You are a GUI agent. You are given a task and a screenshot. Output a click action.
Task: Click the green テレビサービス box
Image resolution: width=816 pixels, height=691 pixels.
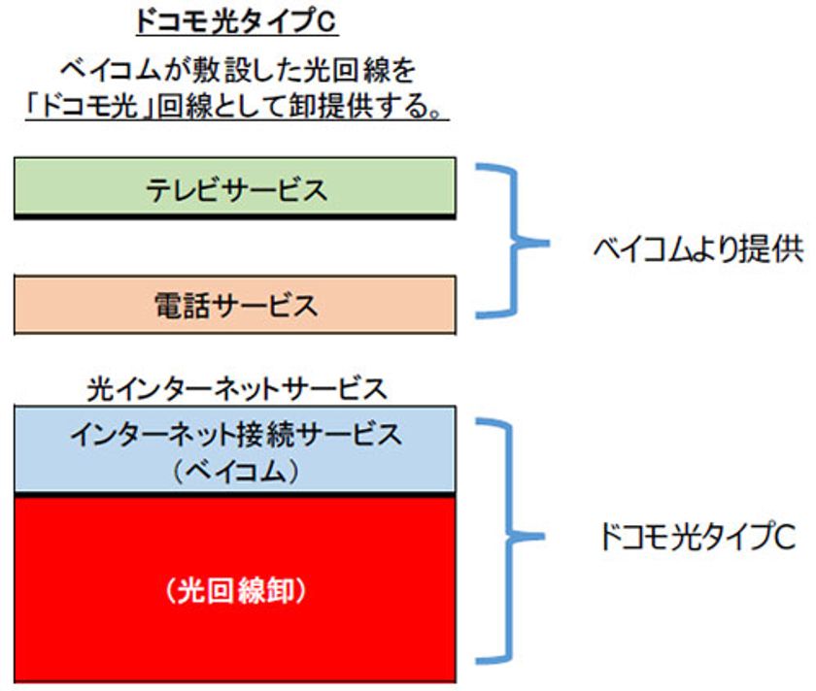[235, 186]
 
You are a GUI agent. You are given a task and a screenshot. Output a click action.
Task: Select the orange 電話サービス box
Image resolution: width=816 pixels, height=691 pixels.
[235, 305]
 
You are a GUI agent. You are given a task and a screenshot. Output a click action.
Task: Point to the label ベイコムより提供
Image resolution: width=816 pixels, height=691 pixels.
[697, 249]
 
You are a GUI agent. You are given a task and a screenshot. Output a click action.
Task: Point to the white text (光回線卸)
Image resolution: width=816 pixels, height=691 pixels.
[236, 591]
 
